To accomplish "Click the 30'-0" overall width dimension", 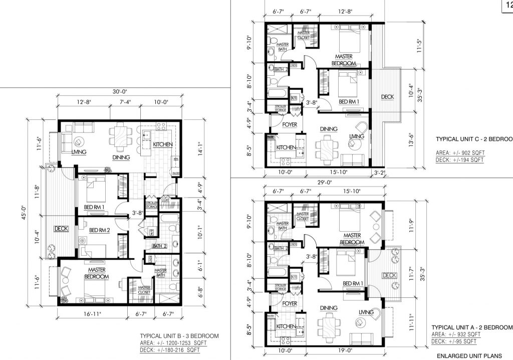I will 118,91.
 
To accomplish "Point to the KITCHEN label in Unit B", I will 163,144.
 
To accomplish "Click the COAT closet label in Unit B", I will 166,200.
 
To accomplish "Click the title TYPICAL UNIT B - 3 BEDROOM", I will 179,336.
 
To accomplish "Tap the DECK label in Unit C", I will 387,97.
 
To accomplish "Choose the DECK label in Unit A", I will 389,275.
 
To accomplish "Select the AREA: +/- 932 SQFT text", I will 456,334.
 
